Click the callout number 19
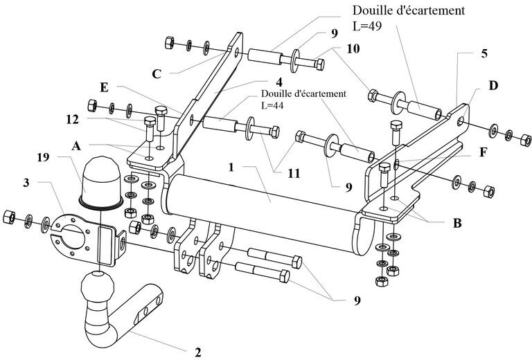(43, 157)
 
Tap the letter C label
(157, 74)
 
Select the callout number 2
(198, 352)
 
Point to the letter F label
(483, 152)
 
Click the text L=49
(367, 26)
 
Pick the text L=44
(272, 105)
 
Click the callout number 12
(72, 119)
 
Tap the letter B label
(457, 224)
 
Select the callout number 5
(484, 53)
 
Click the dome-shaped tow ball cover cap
(100, 182)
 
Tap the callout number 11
(294, 174)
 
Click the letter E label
(104, 87)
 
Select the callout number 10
(353, 49)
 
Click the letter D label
(493, 86)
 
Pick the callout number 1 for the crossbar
(231, 168)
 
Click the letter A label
(76, 146)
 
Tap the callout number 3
(26, 182)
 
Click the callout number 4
(279, 82)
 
